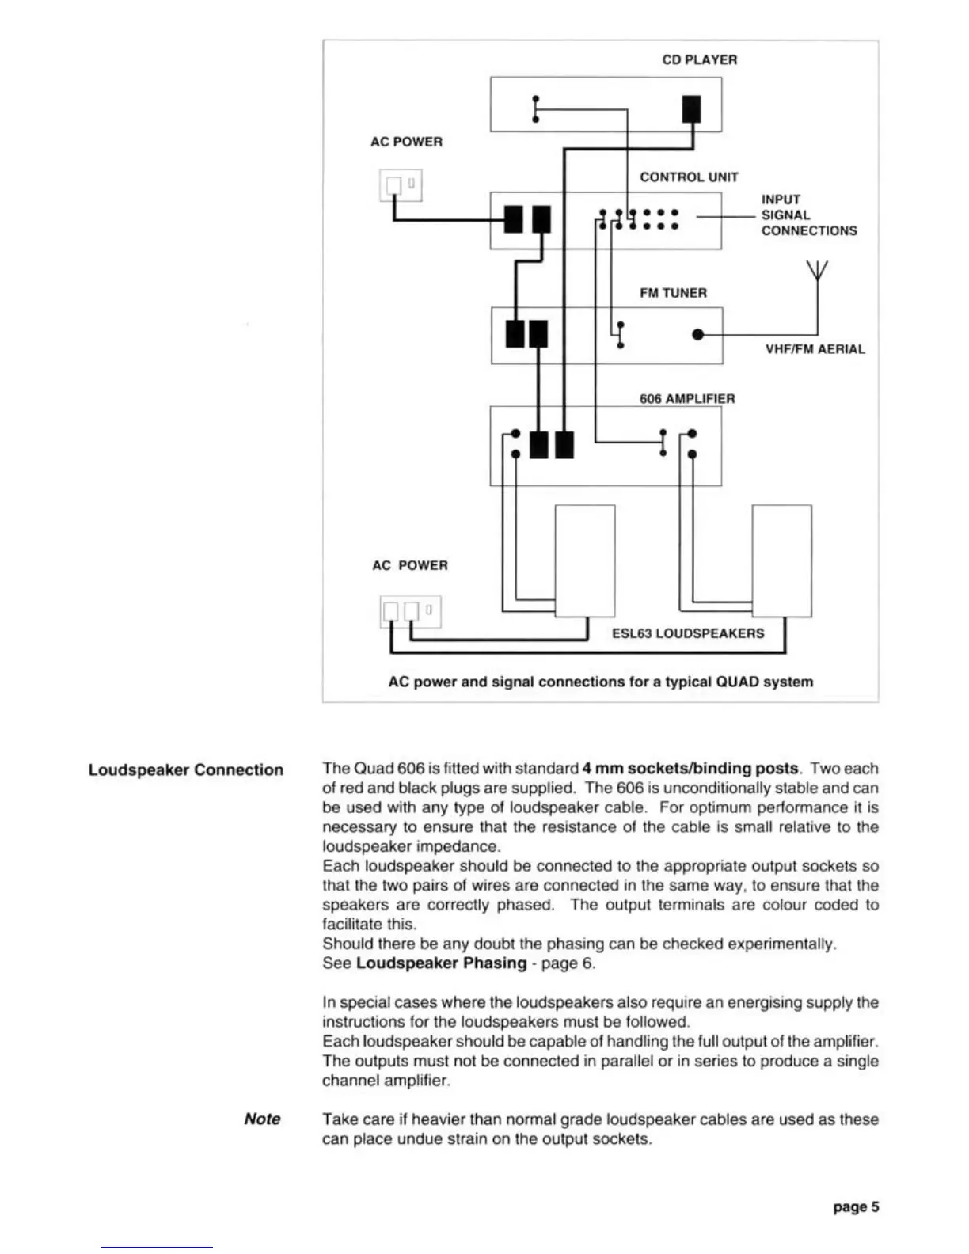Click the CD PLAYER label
pos(699,60)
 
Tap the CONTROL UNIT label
pos(689,177)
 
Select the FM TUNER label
pos(673,293)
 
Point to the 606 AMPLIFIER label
pos(687,399)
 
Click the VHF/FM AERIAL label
pos(815,349)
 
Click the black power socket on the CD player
pos(691,108)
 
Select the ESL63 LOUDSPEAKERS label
pos(688,633)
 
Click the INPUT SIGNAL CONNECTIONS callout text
pos(808,215)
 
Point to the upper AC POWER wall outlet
pos(401,185)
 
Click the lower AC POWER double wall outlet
pos(410,611)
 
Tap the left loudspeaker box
pos(585,560)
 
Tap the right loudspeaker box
pos(781,560)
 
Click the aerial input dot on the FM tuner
pos(697,335)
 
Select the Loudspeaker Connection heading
pos(185,770)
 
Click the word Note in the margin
pos(262,1119)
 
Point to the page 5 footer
pos(855,1207)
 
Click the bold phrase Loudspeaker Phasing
pos(441,963)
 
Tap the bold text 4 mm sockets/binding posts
pos(690,769)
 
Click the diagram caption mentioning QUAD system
pos(600,682)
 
